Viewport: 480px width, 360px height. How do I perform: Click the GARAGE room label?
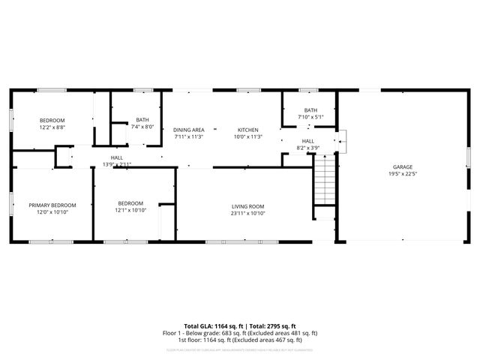403,166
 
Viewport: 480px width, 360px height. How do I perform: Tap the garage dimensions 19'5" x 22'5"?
403,174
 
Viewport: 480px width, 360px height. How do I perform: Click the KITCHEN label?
247,129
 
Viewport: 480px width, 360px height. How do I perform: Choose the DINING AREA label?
188,129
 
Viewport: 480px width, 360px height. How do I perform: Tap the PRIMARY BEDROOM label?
52,205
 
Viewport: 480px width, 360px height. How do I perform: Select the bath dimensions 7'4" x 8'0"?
142,127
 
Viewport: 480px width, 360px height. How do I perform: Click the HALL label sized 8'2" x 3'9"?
308,140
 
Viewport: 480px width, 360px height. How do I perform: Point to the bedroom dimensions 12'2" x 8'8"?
52,127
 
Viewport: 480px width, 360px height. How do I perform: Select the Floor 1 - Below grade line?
240,333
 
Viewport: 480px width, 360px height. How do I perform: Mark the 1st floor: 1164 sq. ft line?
240,340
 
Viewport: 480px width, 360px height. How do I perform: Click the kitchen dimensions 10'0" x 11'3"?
247,136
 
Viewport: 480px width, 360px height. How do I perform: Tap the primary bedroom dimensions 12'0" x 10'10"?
52,212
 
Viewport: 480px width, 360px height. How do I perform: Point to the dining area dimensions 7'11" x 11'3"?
188,136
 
